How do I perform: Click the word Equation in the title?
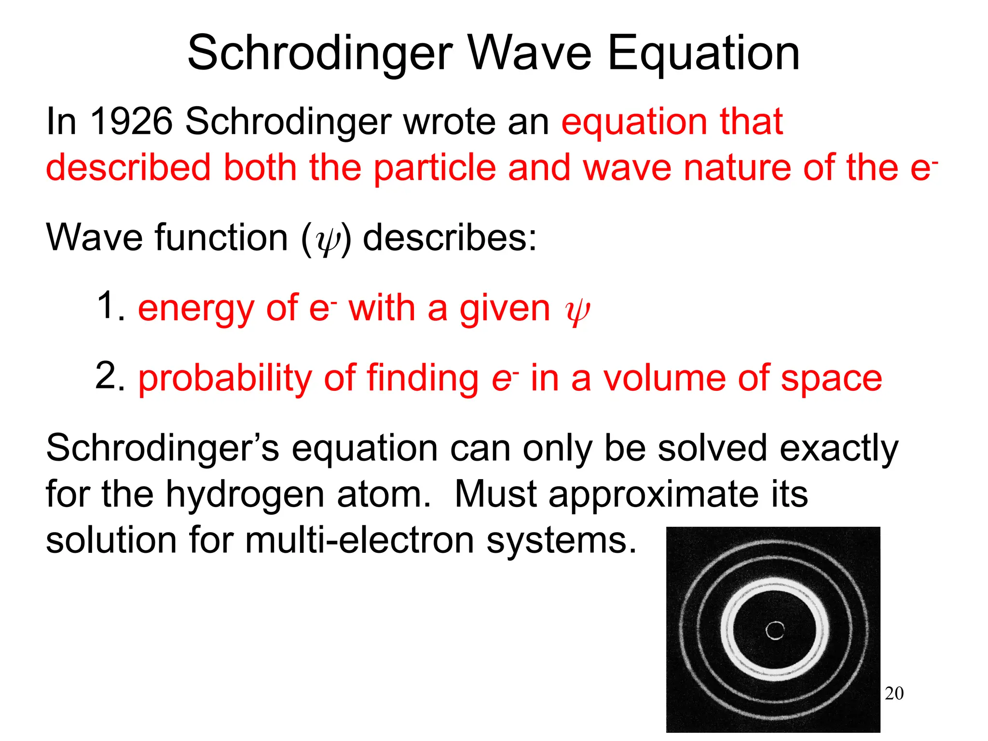point(703,54)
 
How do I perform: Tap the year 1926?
point(131,121)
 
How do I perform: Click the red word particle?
point(435,167)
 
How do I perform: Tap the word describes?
point(449,238)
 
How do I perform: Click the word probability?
point(225,379)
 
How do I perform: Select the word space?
point(831,379)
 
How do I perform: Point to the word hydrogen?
point(245,495)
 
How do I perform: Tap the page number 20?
point(894,693)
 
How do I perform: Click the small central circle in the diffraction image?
point(775,630)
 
